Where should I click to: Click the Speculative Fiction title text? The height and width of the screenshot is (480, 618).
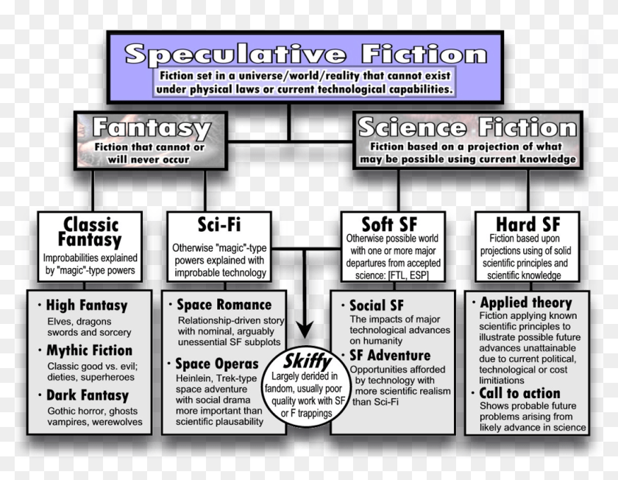pyautogui.click(x=305, y=54)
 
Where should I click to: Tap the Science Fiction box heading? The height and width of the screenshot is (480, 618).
pyautogui.click(x=466, y=127)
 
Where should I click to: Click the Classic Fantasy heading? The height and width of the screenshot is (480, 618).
pyautogui.click(x=92, y=232)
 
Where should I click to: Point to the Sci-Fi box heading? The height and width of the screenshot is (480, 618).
pyautogui.click(x=220, y=224)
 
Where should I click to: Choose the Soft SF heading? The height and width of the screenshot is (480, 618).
pyautogui.click(x=392, y=224)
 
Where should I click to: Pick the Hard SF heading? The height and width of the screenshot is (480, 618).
pyautogui.click(x=528, y=224)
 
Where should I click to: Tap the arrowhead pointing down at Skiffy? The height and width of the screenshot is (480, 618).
pyautogui.click(x=304, y=329)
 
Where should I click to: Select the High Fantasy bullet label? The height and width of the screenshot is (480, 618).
pyautogui.click(x=86, y=305)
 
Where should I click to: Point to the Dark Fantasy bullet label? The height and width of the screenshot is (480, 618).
pyautogui.click(x=87, y=396)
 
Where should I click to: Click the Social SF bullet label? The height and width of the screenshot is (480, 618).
pyautogui.click(x=376, y=305)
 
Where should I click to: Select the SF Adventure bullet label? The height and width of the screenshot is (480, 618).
pyautogui.click(x=389, y=356)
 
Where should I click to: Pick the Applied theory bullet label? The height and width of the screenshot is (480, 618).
pyautogui.click(x=525, y=303)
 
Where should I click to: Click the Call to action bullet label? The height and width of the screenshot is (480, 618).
pyautogui.click(x=519, y=393)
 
